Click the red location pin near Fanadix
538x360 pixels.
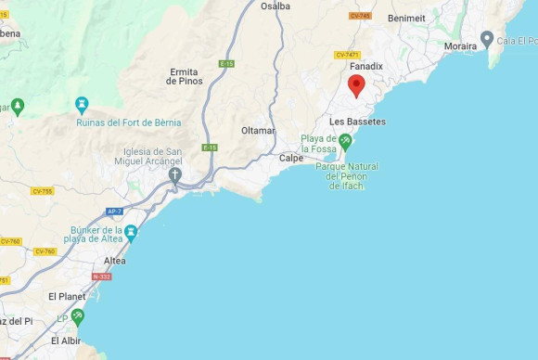pyautogui.click(x=356, y=86)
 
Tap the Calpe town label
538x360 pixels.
pyautogui.click(x=291, y=158)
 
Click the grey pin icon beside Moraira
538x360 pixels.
pyautogui.click(x=487, y=39)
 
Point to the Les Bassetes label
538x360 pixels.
pyautogui.click(x=357, y=122)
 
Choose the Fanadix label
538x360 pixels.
pyautogui.click(x=366, y=67)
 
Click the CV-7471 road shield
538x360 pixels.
pyautogui.click(x=347, y=55)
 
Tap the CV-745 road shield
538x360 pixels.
pyautogui.click(x=360, y=16)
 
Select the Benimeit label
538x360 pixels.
pyautogui.click(x=406, y=18)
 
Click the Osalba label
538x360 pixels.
pyautogui.click(x=275, y=6)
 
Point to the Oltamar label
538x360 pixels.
pyautogui.click(x=258, y=131)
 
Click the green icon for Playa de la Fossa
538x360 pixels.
pyautogui.click(x=345, y=141)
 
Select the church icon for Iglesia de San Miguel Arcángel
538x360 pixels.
pyautogui.click(x=174, y=174)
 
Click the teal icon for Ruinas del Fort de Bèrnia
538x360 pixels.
pyautogui.click(x=82, y=101)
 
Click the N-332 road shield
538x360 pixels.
pyautogui.click(x=102, y=276)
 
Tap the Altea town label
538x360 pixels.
pyautogui.click(x=114, y=261)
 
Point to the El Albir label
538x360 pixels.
pyautogui.click(x=65, y=341)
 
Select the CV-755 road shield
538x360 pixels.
pyautogui.click(x=41, y=191)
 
